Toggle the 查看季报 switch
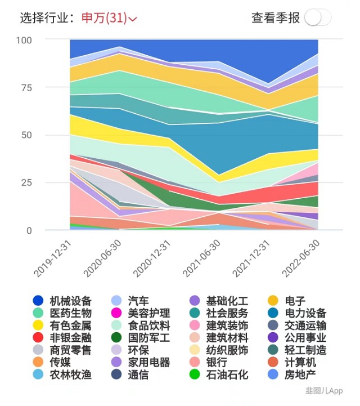click(x=318, y=17)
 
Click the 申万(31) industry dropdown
click(x=109, y=18)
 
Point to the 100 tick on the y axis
click(x=24, y=41)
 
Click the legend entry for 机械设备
click(x=62, y=301)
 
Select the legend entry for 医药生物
click(x=62, y=313)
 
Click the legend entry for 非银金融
click(x=62, y=338)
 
